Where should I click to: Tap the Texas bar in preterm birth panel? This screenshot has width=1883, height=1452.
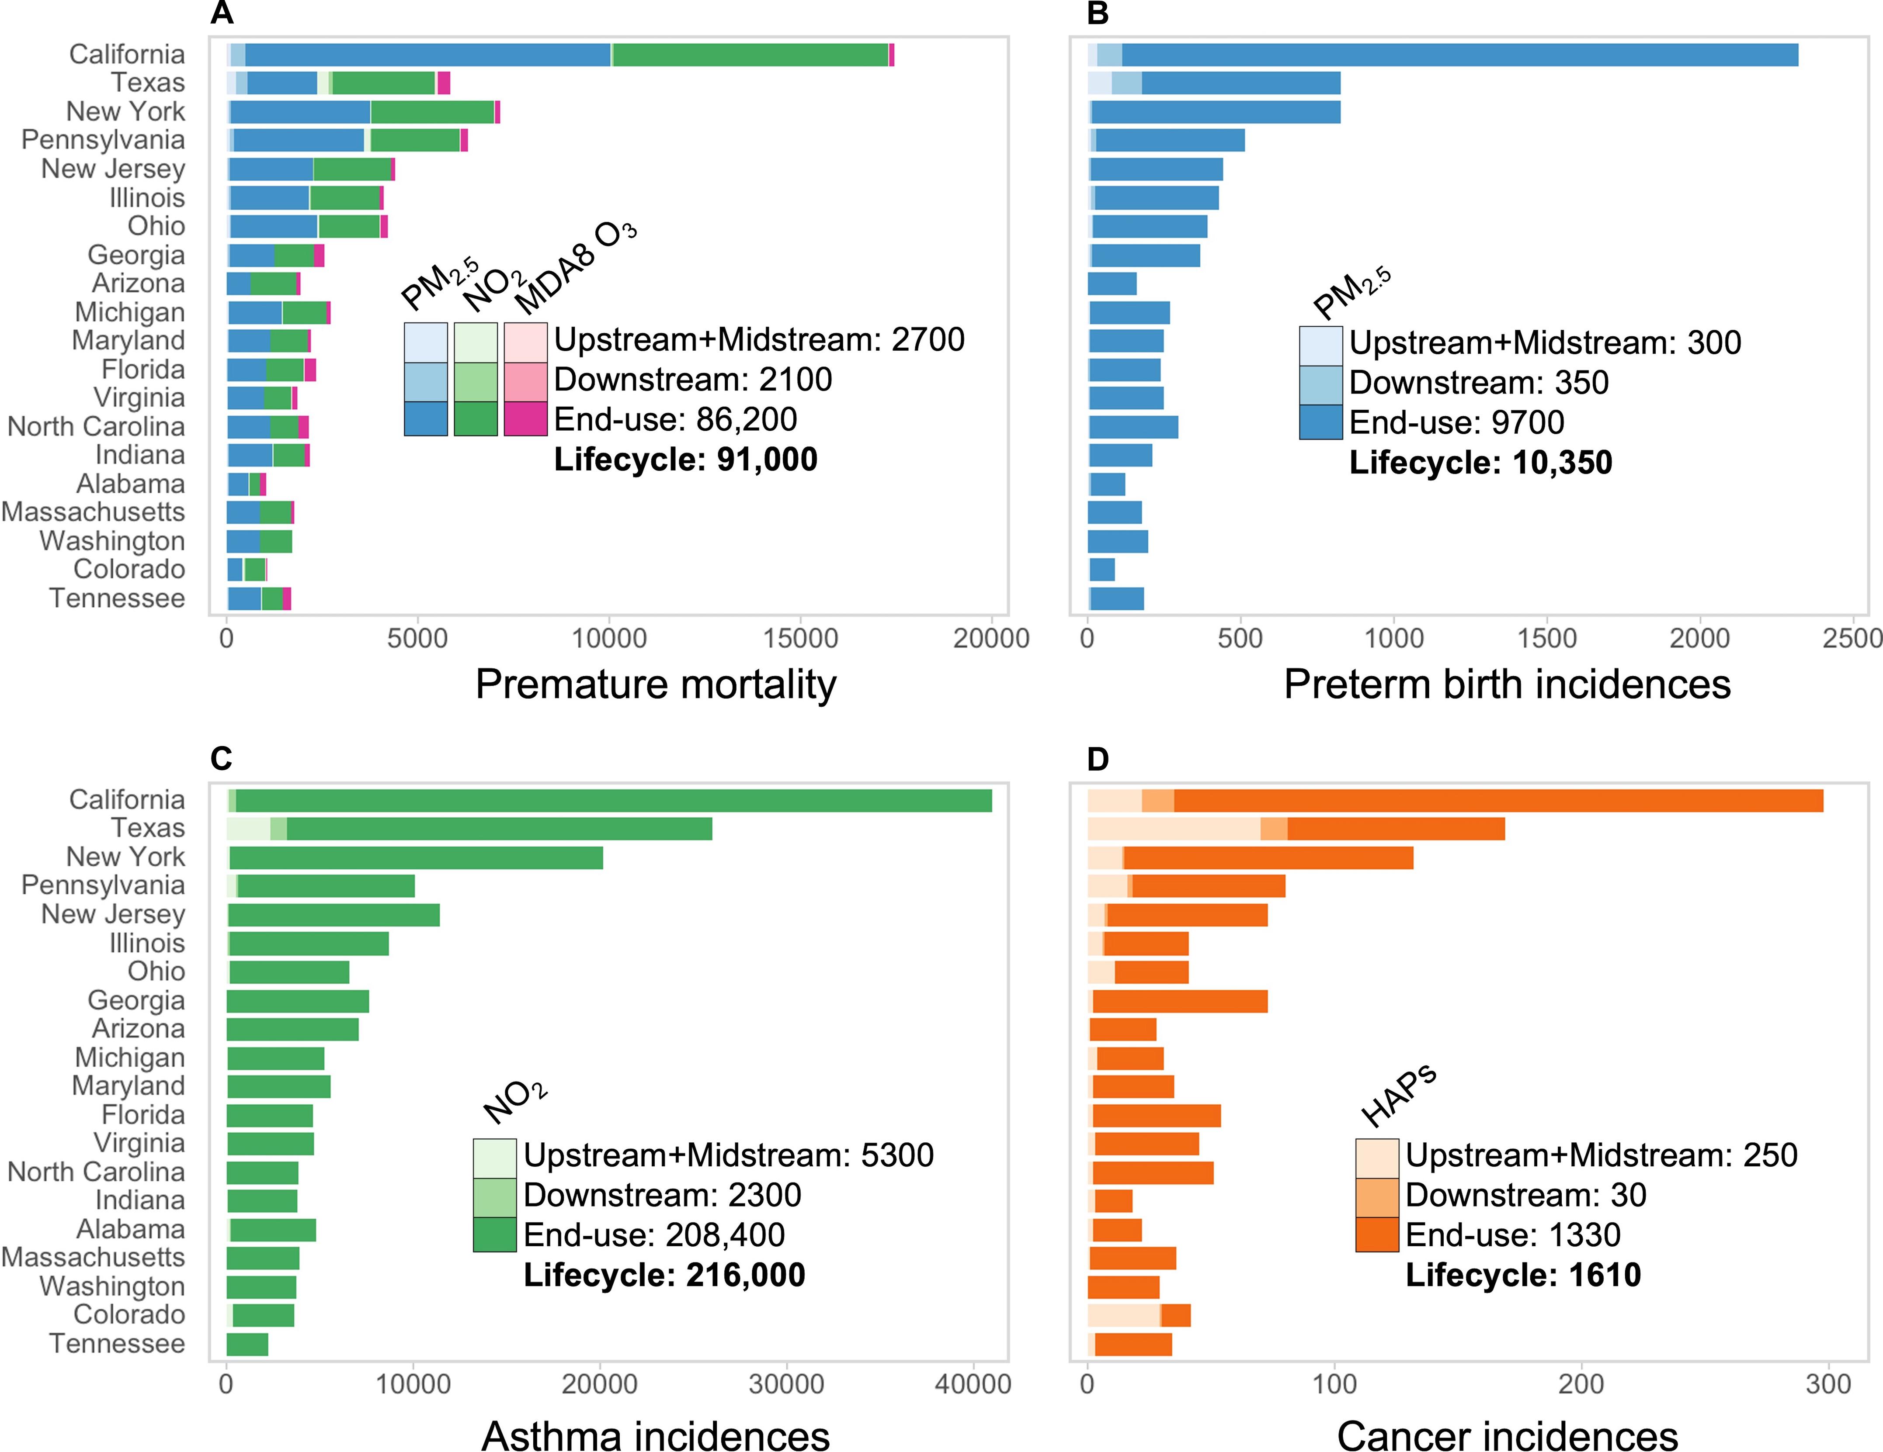pyautogui.click(x=1214, y=83)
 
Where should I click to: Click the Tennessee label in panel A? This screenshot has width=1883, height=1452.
pyautogui.click(x=117, y=598)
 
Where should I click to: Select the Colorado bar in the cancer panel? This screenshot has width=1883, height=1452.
pyautogui.click(x=1138, y=1315)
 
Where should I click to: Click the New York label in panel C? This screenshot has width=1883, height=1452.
pyautogui.click(x=126, y=857)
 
